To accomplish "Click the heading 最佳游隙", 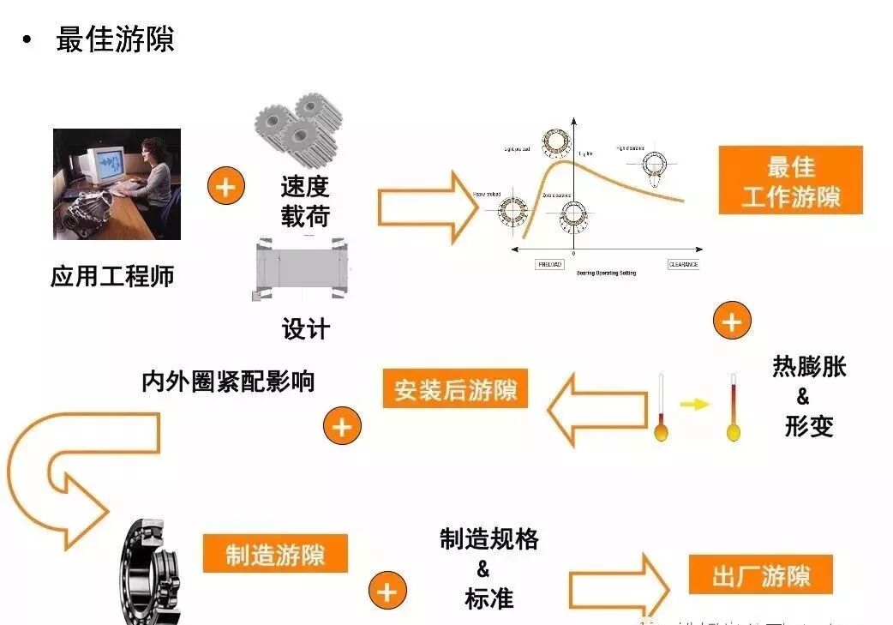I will pos(115,39).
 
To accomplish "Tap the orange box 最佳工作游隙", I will pos(790,181).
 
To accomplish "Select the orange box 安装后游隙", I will pos(456,391).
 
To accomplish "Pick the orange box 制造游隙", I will pos(275,554).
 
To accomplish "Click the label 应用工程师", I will pos(112,277).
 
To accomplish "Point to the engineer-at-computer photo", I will pos(117,184).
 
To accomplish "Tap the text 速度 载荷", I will pos(305,201).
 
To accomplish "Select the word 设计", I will pos(306,328).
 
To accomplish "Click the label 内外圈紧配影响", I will pos(228,381).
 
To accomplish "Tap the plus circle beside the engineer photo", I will pos(226,186).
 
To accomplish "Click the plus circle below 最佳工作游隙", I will pos(731,322).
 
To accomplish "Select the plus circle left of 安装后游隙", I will pos(342,426).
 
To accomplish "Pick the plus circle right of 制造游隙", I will pos(387,592).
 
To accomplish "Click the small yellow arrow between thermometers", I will pos(695,404).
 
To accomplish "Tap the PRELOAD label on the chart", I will pos(549,264).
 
